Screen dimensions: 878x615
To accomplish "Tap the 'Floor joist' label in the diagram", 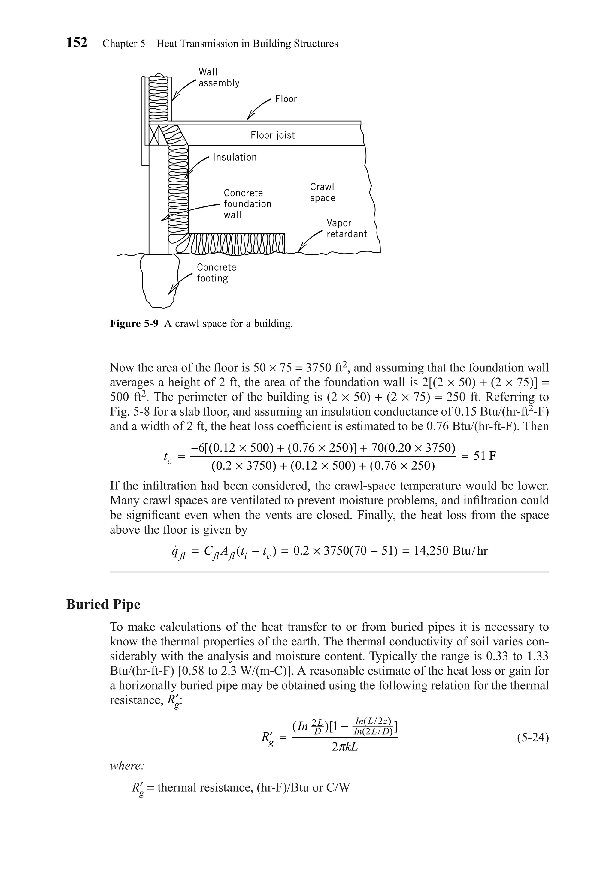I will (x=272, y=135).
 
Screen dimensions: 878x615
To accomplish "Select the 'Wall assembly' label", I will (x=219, y=78).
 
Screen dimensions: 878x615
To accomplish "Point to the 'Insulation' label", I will (x=235, y=157).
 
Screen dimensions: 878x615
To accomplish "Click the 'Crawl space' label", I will (x=322, y=192).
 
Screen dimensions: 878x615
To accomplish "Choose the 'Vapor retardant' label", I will (x=346, y=229).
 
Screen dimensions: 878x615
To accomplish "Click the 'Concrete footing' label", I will (x=216, y=273).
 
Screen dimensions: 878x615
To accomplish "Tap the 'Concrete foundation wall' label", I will (x=247, y=204).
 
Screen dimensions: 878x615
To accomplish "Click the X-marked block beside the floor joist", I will (x=154, y=135).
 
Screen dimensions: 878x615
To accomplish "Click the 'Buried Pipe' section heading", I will (x=103, y=605).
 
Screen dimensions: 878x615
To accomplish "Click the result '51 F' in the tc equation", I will (x=484, y=456).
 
